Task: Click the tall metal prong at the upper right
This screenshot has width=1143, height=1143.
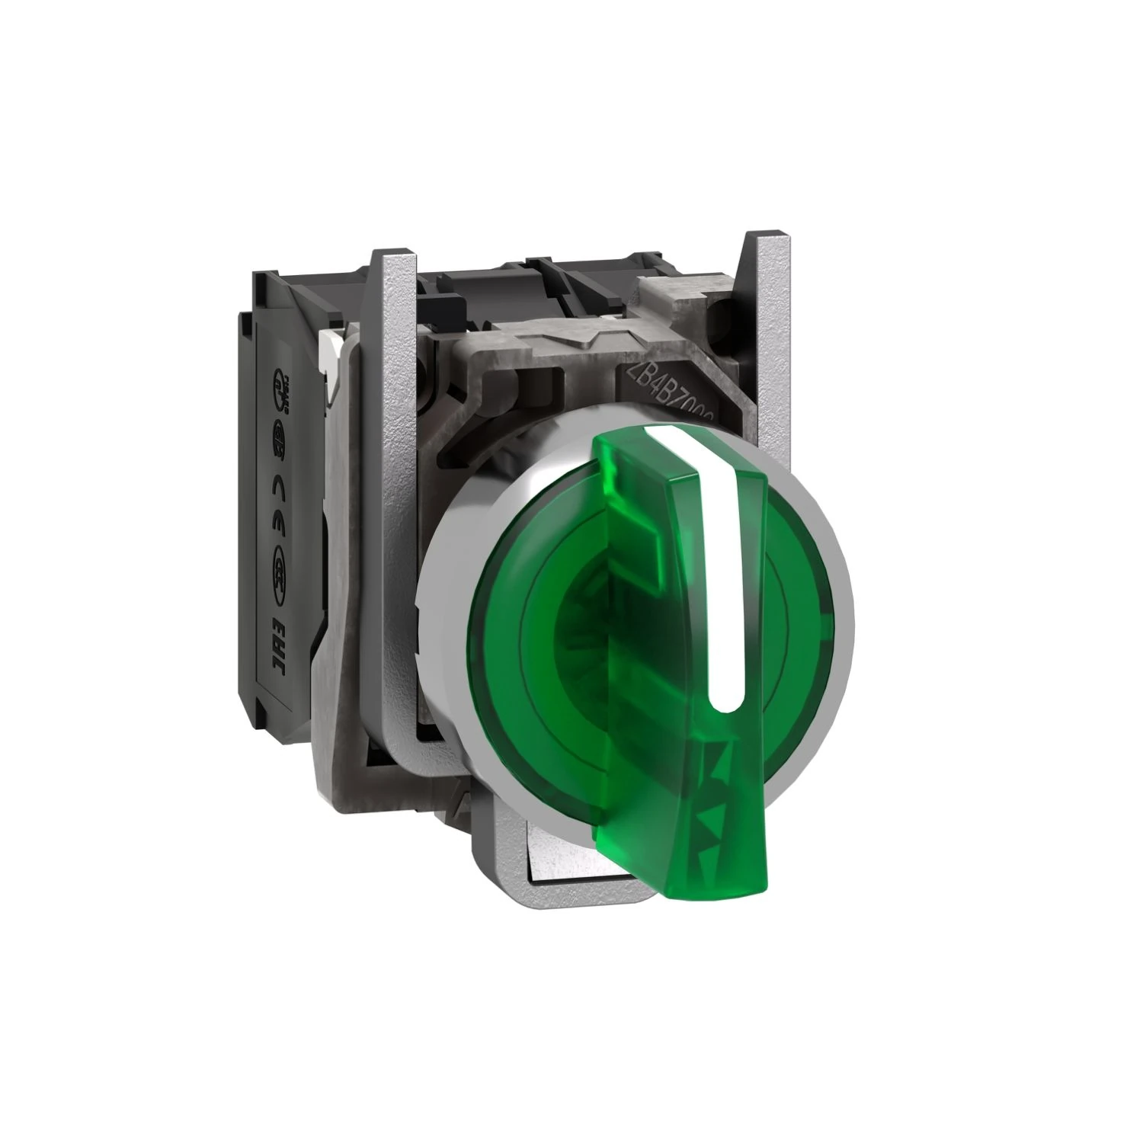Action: point(759,305)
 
